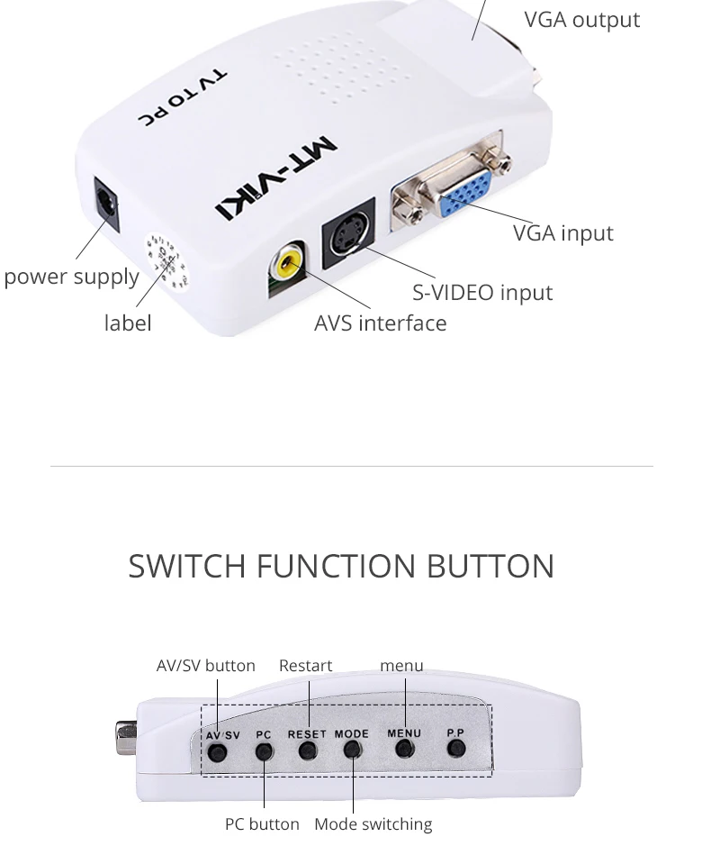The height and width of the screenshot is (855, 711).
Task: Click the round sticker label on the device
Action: [x=166, y=262]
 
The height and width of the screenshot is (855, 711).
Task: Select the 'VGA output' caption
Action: [x=581, y=20]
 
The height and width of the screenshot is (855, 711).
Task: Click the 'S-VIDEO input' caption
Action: [x=482, y=292]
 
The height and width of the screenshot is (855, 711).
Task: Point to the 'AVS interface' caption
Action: [x=380, y=323]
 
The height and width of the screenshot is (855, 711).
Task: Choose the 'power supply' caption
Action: [x=71, y=277]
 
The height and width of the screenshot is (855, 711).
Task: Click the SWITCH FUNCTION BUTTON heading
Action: [x=341, y=566]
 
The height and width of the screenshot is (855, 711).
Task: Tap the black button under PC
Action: [x=264, y=750]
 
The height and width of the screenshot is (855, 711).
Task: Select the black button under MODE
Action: [x=352, y=750]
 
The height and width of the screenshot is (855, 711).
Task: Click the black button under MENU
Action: [x=404, y=749]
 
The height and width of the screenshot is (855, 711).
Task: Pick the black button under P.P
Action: [x=456, y=749]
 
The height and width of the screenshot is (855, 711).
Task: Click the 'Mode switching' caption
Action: [x=373, y=823]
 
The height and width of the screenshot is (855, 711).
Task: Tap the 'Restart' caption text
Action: [x=305, y=666]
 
